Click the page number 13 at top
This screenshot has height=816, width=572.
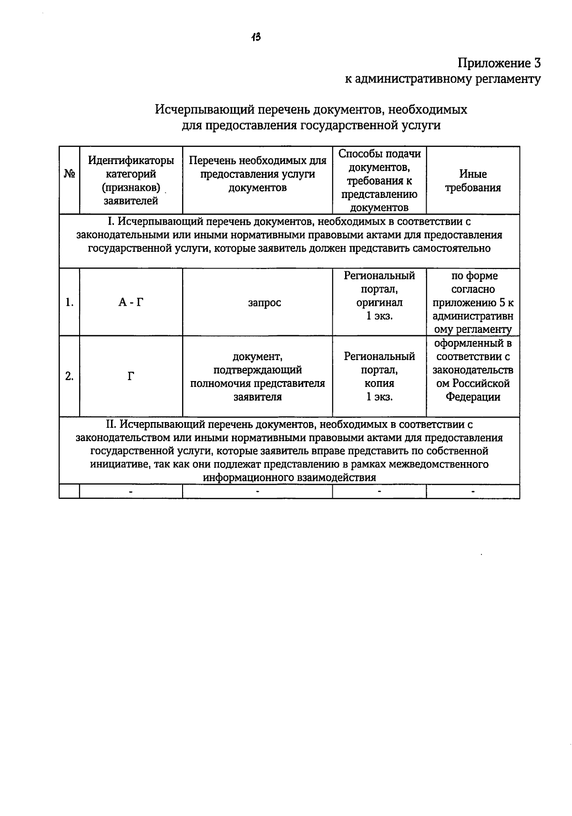pyautogui.click(x=256, y=37)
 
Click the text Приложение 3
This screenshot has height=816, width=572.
pyautogui.click(x=499, y=63)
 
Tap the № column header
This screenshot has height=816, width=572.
pyautogui.click(x=69, y=174)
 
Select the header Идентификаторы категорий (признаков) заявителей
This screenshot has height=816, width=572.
pyautogui.click(x=131, y=181)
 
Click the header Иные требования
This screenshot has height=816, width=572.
pyautogui.click(x=473, y=181)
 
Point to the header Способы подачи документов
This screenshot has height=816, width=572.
pyautogui.click(x=379, y=161)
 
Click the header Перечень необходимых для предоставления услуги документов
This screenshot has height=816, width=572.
pyautogui.click(x=257, y=174)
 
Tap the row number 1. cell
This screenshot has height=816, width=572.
pyautogui.click(x=70, y=302)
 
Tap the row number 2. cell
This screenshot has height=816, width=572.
pyautogui.click(x=70, y=376)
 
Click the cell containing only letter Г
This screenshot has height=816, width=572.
pyautogui.click(x=131, y=377)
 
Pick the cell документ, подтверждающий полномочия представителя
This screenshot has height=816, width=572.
pyautogui.click(x=257, y=377)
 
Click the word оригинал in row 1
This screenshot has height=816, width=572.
pyautogui.click(x=379, y=302)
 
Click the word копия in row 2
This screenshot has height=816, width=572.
pyautogui.click(x=379, y=383)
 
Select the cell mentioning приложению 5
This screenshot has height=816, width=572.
pyautogui.click(x=473, y=303)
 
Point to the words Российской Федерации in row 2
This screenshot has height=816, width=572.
pyautogui.click(x=473, y=390)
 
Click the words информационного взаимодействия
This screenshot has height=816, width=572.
pyautogui.click(x=289, y=477)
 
